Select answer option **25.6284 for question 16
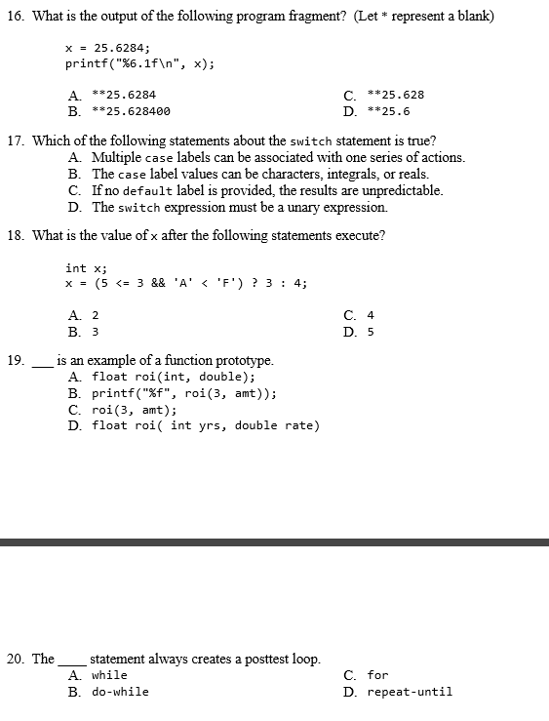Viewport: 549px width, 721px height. (x=123, y=95)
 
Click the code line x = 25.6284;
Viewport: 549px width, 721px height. (x=107, y=48)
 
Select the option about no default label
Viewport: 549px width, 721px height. (x=267, y=190)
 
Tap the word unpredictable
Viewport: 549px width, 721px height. (x=402, y=190)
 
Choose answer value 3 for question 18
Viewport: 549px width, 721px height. (x=95, y=331)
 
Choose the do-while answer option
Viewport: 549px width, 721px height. (x=120, y=692)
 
